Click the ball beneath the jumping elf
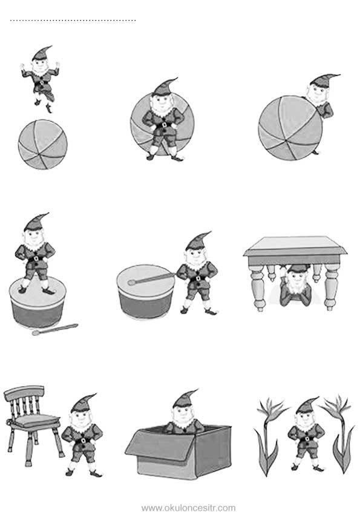coord(43,144)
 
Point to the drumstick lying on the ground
coord(55,329)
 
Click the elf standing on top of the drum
coord(36,254)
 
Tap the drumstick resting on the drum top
coord(151,279)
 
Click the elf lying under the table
coord(296,286)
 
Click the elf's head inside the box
coord(183,408)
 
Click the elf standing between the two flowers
coord(306,435)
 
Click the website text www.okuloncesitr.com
coord(188,508)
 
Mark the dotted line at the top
coord(73,21)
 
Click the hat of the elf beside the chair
coord(83,403)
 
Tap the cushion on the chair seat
coord(35,420)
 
